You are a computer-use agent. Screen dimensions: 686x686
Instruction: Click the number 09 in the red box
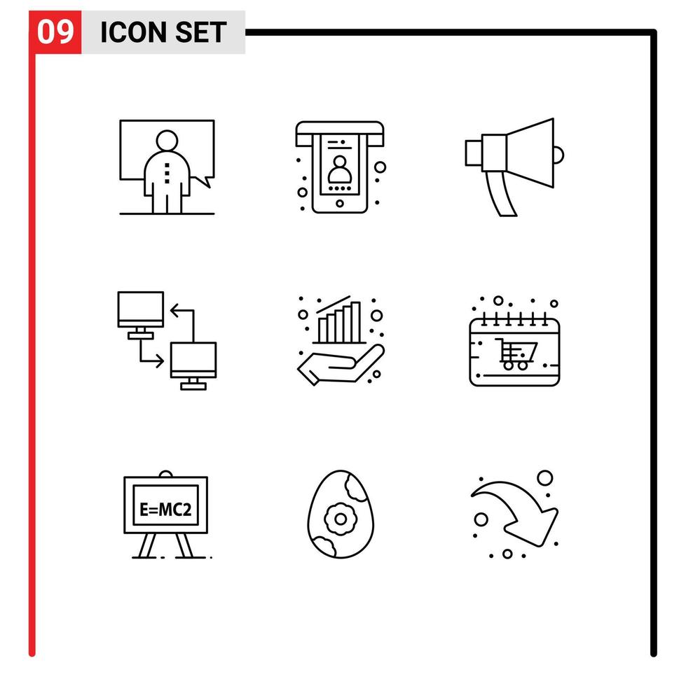pos(55,33)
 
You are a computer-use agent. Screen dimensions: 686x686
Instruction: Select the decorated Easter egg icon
pos(340,517)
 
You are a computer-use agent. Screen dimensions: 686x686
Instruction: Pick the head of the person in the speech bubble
pos(167,141)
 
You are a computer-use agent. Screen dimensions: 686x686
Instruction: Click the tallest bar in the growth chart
pos(356,321)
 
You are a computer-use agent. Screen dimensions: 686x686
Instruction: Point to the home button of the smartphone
pos(340,204)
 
